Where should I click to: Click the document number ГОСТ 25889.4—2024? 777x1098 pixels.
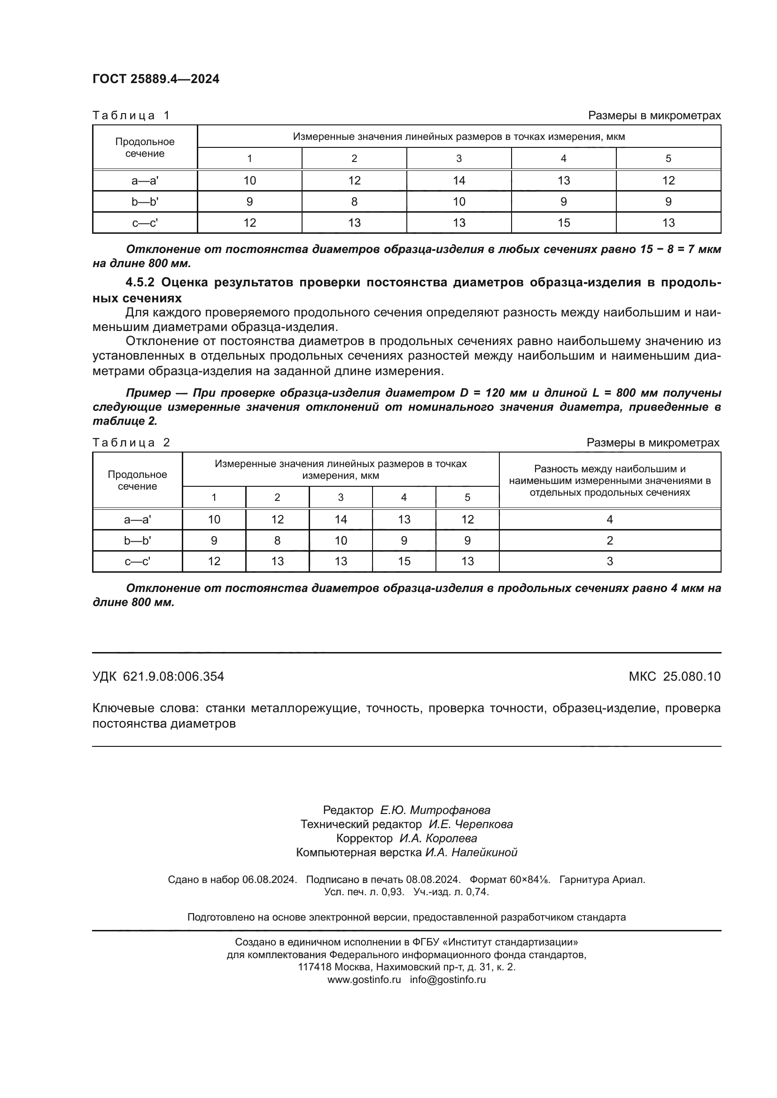tap(155, 79)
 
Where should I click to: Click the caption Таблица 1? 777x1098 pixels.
tap(131, 115)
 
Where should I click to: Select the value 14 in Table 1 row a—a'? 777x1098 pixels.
tap(459, 180)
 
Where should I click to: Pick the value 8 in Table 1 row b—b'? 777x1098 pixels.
tap(354, 202)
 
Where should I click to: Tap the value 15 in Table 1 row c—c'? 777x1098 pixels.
tap(564, 223)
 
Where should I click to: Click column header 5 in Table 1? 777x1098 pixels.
tap(668, 158)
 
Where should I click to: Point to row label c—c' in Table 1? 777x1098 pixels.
tap(145, 223)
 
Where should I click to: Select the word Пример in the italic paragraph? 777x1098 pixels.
tap(148, 392)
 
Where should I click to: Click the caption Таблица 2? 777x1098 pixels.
tap(131, 442)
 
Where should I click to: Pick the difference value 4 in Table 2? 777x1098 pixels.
tap(610, 519)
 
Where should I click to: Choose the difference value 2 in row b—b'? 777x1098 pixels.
tap(610, 540)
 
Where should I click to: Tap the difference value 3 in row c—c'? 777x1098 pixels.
tap(610, 561)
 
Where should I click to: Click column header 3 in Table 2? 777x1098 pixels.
tap(341, 497)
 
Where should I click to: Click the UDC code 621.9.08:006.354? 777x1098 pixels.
tap(173, 676)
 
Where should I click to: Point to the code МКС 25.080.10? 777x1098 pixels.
tap(675, 676)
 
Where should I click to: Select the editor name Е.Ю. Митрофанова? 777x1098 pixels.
tap(435, 810)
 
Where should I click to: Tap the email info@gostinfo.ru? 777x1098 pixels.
tap(447, 979)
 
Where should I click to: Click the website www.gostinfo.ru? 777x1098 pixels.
tap(364, 979)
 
